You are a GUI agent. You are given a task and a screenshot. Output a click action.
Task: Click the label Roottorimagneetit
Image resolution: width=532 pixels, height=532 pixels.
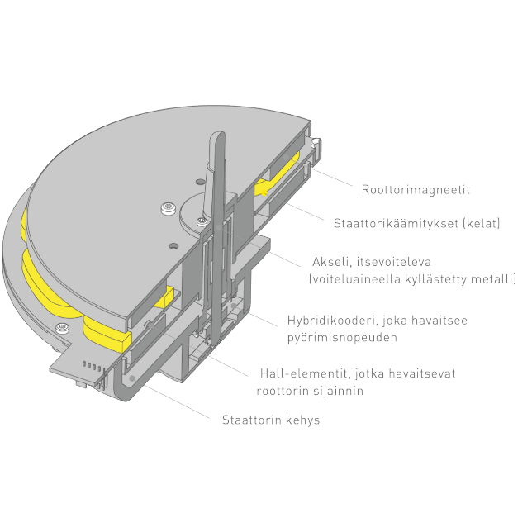click(416, 190)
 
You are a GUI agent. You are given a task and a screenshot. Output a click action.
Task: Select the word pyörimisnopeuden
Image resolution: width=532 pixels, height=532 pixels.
click(342, 338)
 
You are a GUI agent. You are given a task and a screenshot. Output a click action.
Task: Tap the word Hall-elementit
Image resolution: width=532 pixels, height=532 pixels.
click(305, 373)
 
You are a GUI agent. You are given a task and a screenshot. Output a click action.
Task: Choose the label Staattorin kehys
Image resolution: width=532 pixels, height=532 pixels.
click(271, 420)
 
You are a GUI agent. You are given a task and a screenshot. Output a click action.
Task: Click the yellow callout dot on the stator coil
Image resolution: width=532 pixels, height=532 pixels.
click(264, 193)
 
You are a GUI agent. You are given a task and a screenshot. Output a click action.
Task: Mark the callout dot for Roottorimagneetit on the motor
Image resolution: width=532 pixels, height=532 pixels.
click(286, 157)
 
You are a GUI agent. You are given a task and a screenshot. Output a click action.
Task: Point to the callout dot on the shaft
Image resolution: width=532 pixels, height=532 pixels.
click(219, 227)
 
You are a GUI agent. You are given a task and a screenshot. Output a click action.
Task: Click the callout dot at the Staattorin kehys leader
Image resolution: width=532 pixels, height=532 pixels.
click(132, 378)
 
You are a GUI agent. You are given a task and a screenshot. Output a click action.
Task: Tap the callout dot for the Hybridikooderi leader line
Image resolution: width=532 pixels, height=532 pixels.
click(234, 306)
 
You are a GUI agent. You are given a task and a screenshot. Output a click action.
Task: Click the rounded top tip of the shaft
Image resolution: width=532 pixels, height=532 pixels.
click(217, 132)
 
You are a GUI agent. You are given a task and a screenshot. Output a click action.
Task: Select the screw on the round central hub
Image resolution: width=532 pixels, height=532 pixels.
click(202, 222)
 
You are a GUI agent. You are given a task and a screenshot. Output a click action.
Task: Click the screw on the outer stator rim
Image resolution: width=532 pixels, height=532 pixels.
click(62, 328)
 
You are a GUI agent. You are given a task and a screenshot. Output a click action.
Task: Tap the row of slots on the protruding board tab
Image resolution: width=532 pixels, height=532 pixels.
click(92, 367)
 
